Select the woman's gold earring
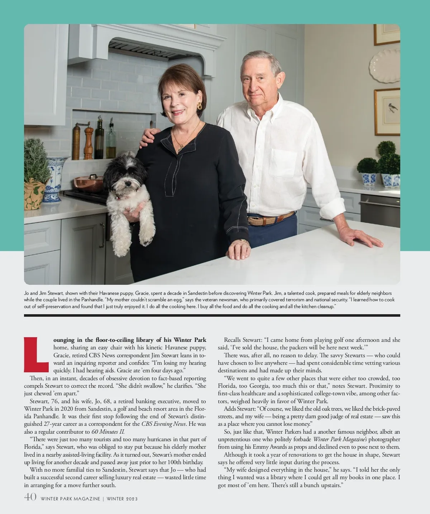tap(199, 106)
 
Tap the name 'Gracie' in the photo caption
tap(144, 293)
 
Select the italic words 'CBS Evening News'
tap(163, 424)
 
